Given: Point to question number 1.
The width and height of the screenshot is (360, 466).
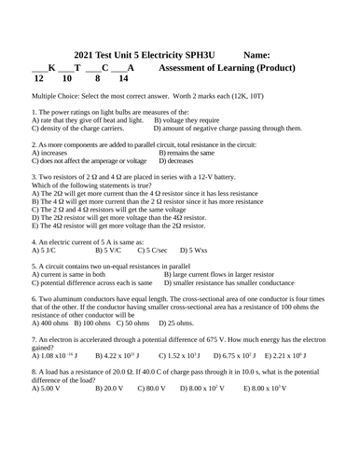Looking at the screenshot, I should [x=35, y=112].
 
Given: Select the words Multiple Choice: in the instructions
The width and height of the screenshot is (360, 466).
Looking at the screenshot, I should [x=59, y=96].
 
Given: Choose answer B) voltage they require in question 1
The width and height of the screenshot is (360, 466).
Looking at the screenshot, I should [x=187, y=120].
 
